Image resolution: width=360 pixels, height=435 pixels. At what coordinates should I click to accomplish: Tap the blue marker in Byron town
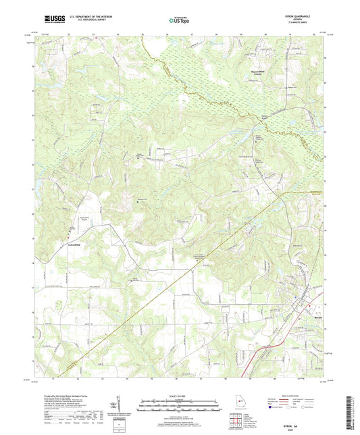pyautogui.click(x=311, y=305)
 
